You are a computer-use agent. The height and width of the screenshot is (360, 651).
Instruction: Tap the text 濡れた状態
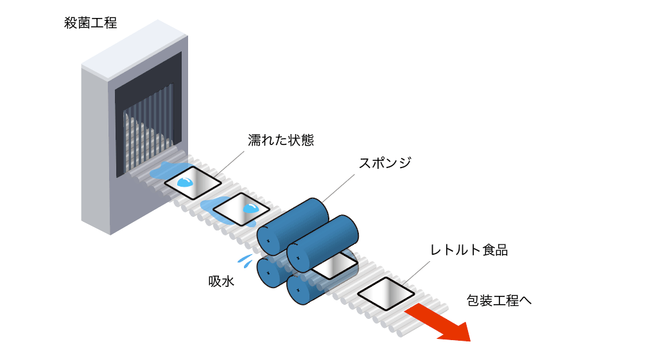click(281, 141)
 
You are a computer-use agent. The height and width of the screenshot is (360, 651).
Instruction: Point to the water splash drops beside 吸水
click(245, 260)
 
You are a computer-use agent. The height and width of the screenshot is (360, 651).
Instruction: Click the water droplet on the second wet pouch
click(251, 208)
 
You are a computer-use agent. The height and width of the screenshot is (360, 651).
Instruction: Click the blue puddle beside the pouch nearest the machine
click(161, 173)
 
